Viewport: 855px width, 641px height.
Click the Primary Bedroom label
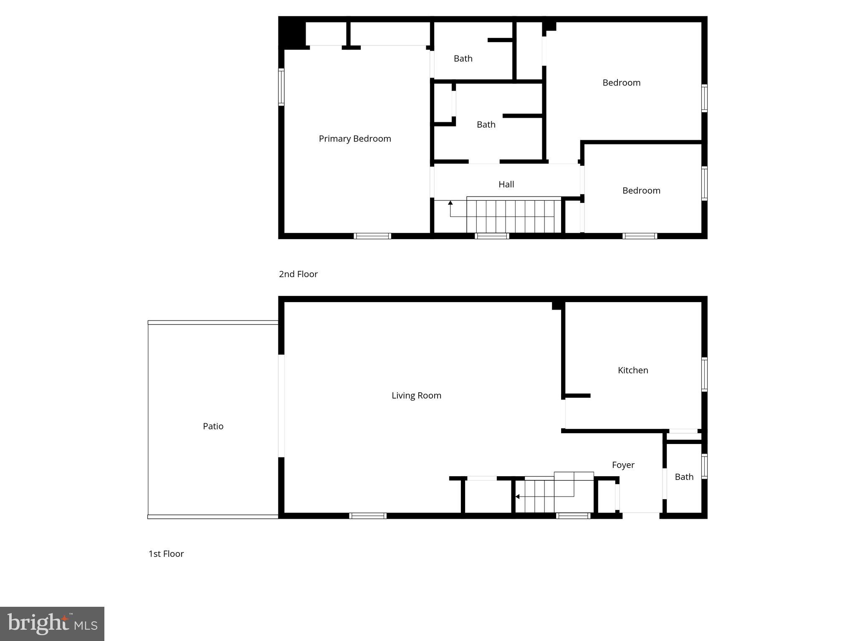(x=355, y=139)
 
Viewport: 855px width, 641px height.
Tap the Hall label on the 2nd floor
(x=506, y=184)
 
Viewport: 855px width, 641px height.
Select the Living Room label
(x=416, y=395)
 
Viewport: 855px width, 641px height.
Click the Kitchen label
(x=633, y=370)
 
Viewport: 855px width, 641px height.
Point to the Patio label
(x=213, y=426)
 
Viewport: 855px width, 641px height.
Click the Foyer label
(x=623, y=465)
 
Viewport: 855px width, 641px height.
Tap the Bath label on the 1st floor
(x=684, y=477)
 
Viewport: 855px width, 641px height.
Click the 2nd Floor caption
(x=298, y=274)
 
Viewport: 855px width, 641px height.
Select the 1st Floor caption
(x=166, y=554)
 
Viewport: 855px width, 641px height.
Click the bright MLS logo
(x=52, y=623)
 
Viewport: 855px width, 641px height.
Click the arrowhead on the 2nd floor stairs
(x=450, y=203)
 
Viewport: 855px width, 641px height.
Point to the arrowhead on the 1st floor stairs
(x=517, y=497)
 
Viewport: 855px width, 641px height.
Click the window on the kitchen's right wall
(x=704, y=374)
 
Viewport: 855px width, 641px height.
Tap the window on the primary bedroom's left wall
(x=281, y=87)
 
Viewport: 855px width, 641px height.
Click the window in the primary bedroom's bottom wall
(x=372, y=236)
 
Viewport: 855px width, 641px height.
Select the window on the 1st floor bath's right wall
(x=704, y=466)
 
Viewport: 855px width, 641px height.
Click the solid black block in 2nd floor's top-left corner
(x=292, y=33)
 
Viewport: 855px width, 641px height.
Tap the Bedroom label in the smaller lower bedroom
(x=641, y=191)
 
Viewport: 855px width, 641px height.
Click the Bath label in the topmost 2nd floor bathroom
(x=463, y=58)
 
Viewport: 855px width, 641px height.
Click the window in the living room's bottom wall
(x=368, y=516)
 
